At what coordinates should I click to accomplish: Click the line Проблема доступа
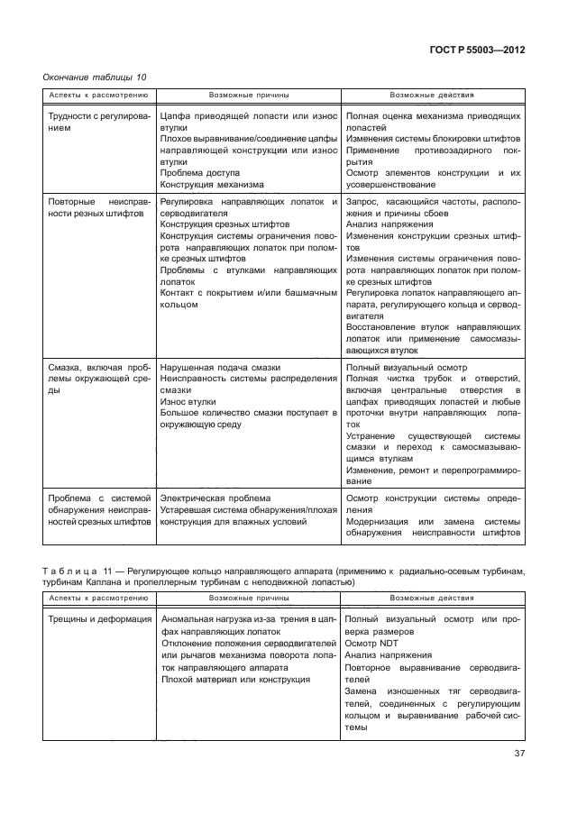pos(199,172)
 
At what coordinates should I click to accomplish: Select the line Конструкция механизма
pos(211,184)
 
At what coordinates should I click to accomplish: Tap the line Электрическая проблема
pos(214,497)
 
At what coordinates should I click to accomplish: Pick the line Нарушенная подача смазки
pos(219,369)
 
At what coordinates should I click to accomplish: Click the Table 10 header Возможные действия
pos(432,95)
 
